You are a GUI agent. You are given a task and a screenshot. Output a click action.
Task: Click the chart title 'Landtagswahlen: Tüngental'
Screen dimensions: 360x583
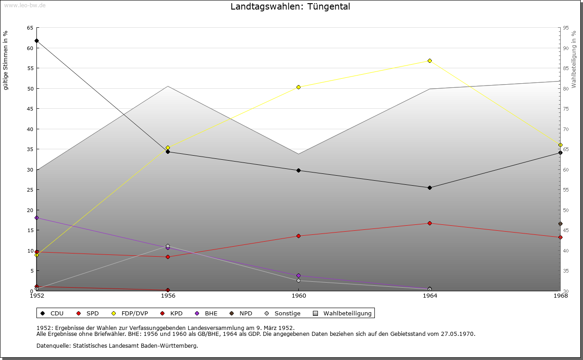tap(290, 7)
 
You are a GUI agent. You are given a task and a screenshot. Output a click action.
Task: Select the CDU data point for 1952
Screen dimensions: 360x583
tap(37, 41)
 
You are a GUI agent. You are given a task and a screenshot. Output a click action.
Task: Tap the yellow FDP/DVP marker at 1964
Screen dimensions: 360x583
tap(430, 61)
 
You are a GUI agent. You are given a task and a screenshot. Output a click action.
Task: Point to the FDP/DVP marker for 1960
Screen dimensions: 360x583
tap(298, 87)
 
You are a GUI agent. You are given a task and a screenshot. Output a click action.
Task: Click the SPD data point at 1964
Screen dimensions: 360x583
tap(430, 223)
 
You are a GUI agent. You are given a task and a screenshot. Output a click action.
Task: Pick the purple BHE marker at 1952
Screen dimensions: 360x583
tap(37, 218)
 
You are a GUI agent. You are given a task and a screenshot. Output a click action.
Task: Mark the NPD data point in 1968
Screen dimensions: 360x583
tap(560, 223)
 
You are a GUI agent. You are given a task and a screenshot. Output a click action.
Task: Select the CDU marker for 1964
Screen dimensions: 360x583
tap(430, 188)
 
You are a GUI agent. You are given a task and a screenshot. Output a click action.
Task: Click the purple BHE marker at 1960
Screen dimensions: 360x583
tap(298, 275)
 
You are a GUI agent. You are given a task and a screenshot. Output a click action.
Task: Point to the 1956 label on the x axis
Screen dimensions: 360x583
tap(168, 296)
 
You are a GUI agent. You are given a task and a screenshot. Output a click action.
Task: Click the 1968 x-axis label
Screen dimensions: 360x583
tap(560, 296)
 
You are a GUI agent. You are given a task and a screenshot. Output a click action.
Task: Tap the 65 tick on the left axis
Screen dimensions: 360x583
tap(30, 28)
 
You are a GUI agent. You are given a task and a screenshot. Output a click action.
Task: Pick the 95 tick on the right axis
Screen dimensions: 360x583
tap(566, 28)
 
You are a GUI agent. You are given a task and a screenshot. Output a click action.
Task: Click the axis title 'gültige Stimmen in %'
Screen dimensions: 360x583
tap(6, 60)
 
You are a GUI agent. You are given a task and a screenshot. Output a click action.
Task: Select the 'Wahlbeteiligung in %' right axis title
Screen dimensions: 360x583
tap(574, 59)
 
